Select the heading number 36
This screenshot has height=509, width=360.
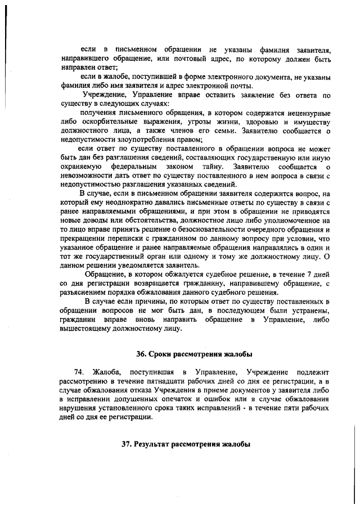click(142, 354)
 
